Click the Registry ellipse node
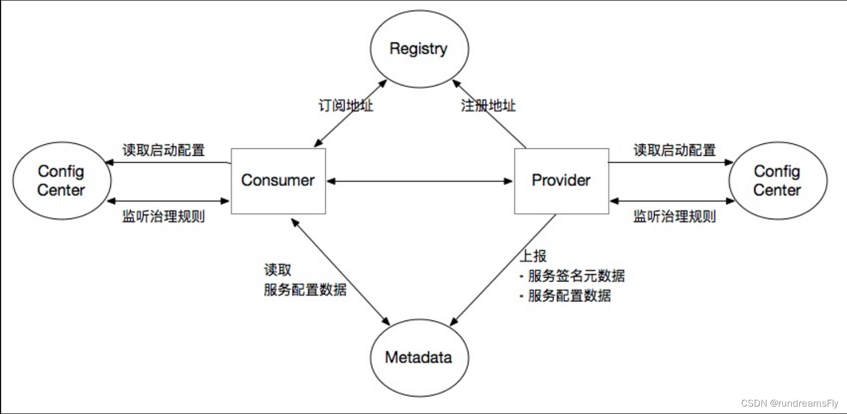[x=419, y=49]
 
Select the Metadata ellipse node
[x=419, y=357]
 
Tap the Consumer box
[x=278, y=181]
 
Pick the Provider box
[x=561, y=181]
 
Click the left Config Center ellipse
[x=61, y=181]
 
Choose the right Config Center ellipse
[x=777, y=181]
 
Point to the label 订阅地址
[x=346, y=105]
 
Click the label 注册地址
[x=488, y=105]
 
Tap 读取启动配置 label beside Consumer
[x=164, y=150]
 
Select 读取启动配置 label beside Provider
[x=674, y=150]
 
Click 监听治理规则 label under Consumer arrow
[x=164, y=216]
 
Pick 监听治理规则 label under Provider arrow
[x=674, y=216]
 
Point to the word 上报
[x=533, y=256]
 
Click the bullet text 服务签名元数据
[x=576, y=276]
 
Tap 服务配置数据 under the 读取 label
[x=305, y=289]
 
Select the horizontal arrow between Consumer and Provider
[x=420, y=181]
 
